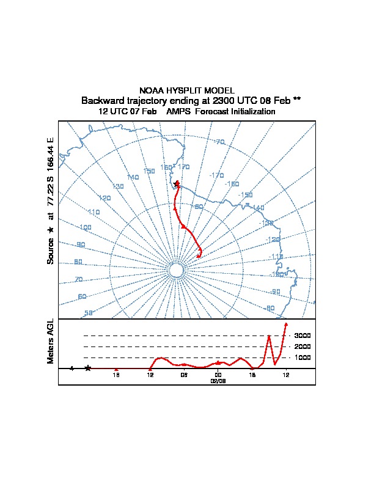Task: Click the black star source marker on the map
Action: pos(177,183)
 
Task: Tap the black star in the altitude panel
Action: pos(88,368)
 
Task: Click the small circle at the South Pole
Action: pos(176,271)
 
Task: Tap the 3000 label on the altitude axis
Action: pos(303,335)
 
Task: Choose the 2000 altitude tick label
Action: pos(303,346)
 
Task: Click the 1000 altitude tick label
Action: pos(303,358)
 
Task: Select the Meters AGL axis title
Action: pos(51,341)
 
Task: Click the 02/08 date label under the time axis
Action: pos(218,380)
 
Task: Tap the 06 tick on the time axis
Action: pos(184,375)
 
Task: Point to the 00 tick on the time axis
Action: pos(218,375)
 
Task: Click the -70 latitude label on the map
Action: pos(219,142)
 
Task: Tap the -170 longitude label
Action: pos(216,175)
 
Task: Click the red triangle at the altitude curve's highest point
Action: pos(286,324)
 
